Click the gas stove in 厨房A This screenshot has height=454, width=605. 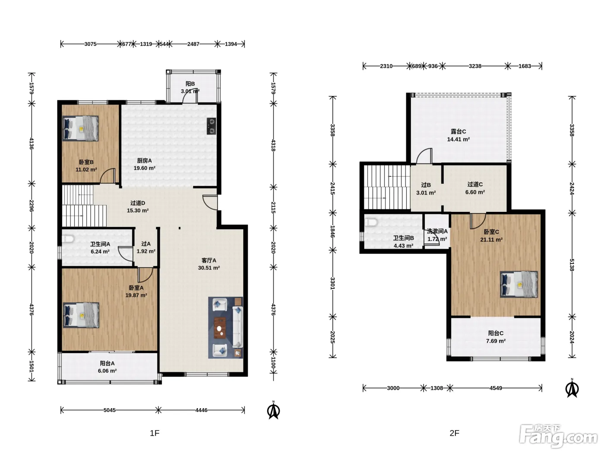click(211, 126)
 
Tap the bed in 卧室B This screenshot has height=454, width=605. click(80, 128)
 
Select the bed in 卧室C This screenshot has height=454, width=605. click(519, 284)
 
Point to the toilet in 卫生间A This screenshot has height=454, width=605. click(67, 239)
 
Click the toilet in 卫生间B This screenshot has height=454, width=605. click(370, 222)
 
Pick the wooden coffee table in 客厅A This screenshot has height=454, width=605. click(220, 327)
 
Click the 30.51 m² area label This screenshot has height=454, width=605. click(209, 268)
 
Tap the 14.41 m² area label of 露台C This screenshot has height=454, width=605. click(458, 139)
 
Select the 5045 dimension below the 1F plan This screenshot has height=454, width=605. click(109, 410)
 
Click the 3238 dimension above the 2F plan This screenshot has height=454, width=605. click(475, 66)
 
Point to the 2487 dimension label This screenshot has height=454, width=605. click(193, 44)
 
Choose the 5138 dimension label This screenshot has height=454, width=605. click(572, 265)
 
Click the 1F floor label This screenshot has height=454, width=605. click(155, 433)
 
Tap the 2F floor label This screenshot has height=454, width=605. click(455, 433)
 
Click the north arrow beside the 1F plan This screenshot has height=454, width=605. click(274, 410)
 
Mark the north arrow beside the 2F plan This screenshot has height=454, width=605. click(572, 388)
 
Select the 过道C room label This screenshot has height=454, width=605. click(475, 184)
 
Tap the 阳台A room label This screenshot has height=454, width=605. click(107, 363)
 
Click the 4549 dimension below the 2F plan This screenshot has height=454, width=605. click(496, 388)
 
